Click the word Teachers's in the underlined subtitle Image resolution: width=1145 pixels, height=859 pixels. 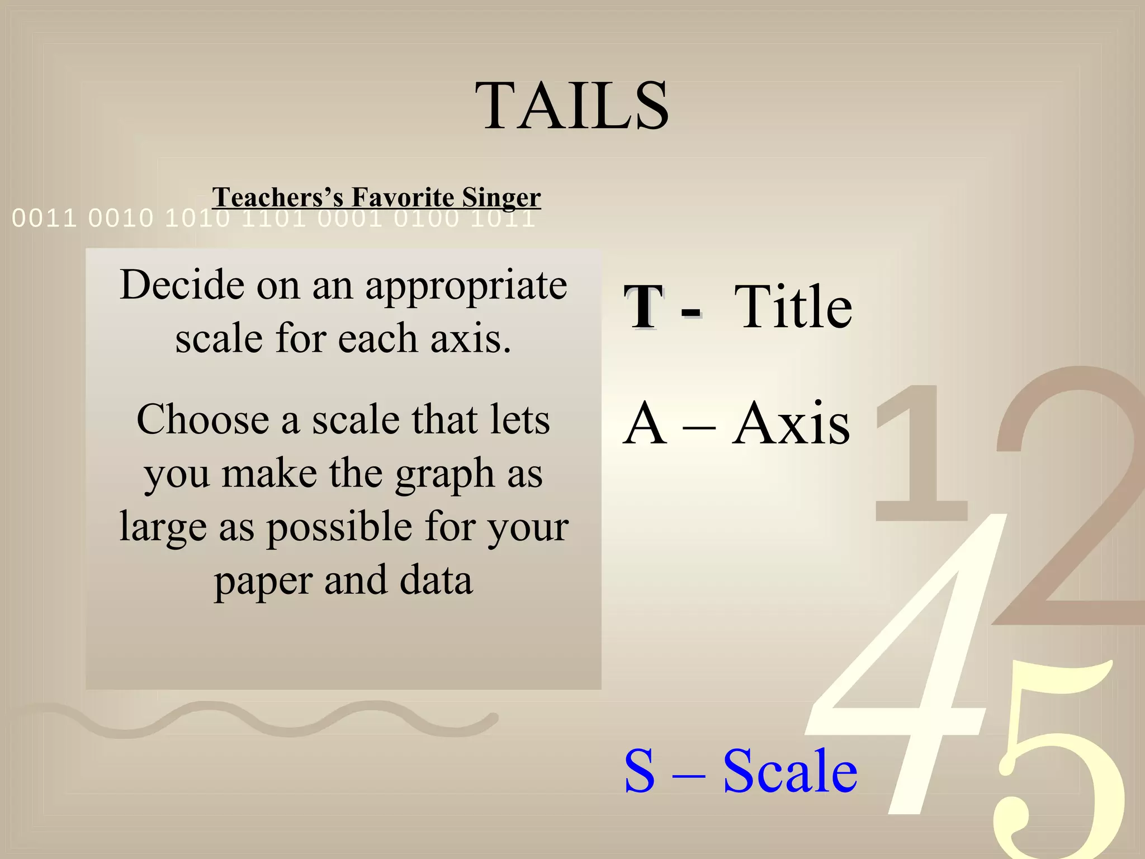(277, 197)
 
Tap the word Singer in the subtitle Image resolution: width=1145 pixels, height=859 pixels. (501, 197)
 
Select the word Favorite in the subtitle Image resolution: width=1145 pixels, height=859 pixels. (403, 197)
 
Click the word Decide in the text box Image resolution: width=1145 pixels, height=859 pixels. (182, 285)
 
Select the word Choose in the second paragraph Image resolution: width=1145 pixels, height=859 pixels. (203, 420)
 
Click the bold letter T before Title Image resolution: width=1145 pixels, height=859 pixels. (644, 307)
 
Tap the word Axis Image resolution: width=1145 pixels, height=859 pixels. (791, 424)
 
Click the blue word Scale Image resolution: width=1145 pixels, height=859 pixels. (789, 771)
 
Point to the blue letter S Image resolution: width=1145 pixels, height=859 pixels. (639, 771)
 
